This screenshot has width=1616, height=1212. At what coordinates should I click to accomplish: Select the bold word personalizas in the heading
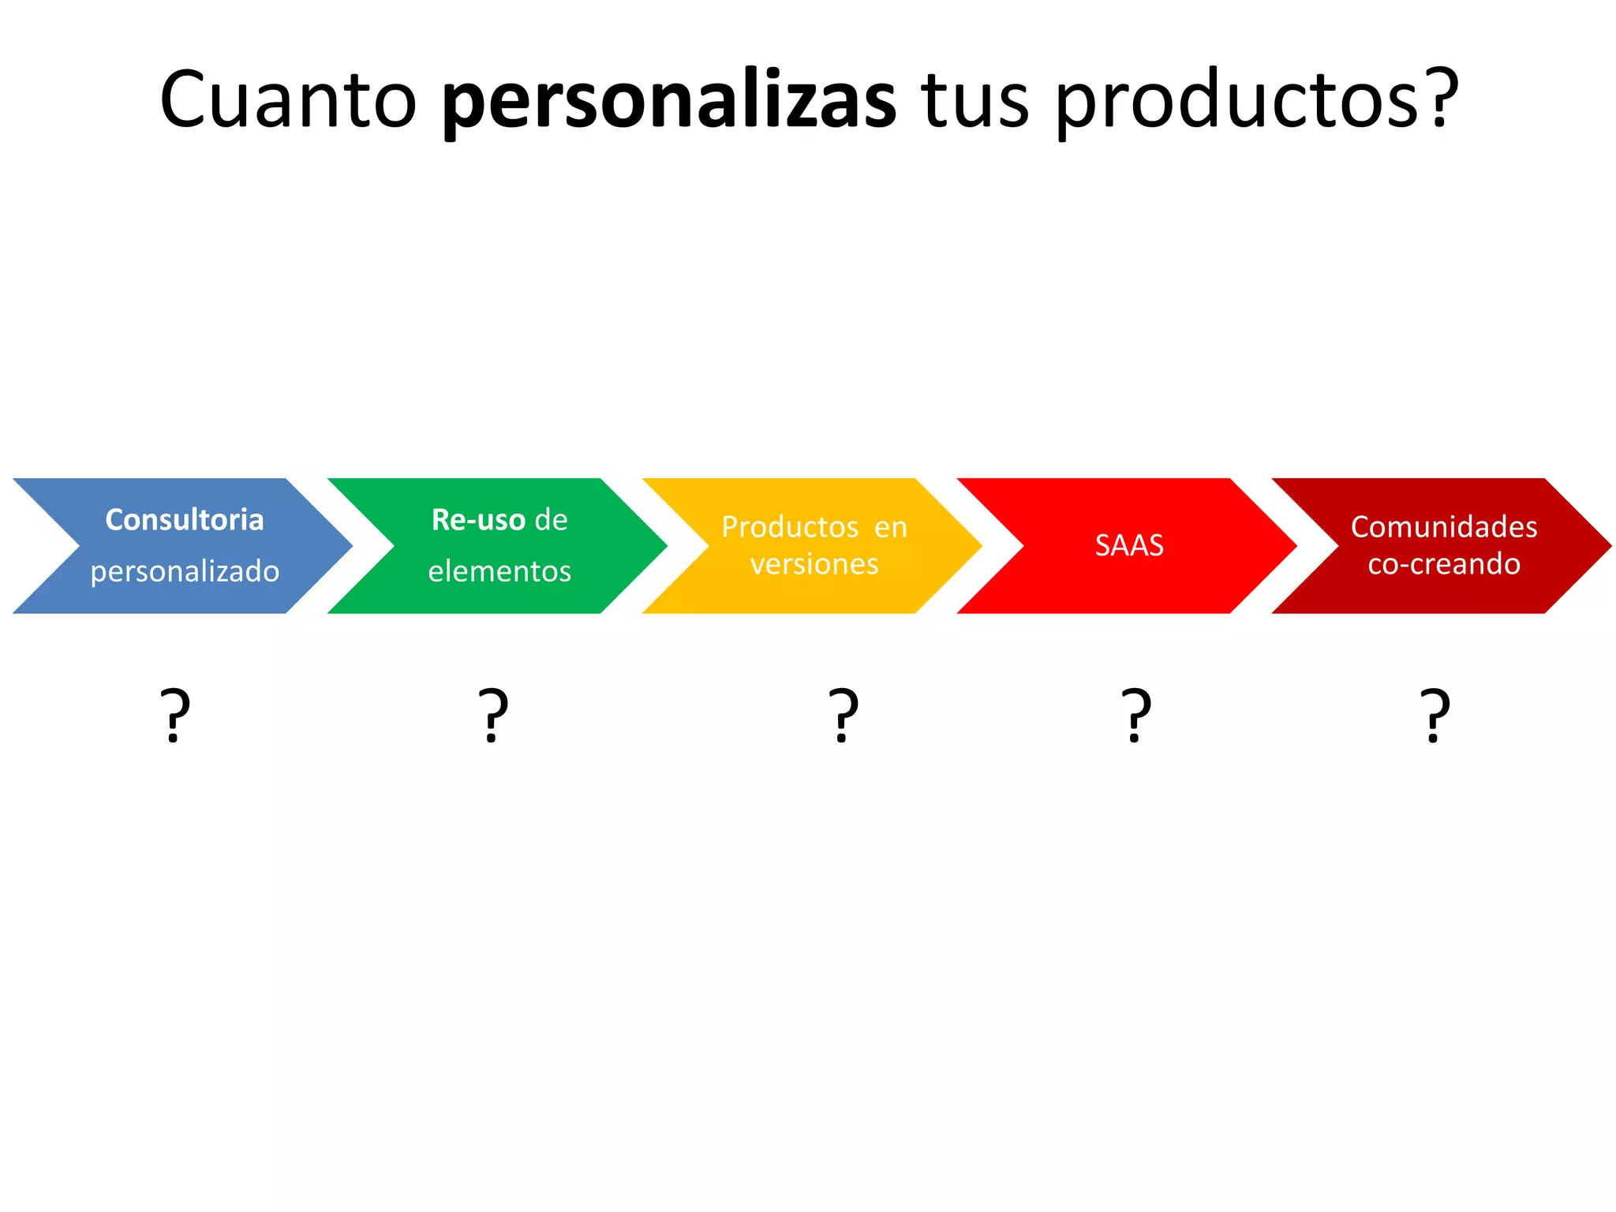(669, 101)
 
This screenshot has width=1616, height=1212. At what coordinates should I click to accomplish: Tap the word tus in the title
(975, 101)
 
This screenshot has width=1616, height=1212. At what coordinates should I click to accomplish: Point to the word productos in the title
(1236, 101)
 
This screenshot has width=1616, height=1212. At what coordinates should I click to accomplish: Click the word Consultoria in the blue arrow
(185, 520)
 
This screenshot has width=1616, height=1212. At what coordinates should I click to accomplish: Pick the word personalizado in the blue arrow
(185, 571)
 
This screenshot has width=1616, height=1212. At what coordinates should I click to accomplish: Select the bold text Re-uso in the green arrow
(478, 520)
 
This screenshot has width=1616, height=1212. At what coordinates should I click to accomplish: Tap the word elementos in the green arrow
(499, 571)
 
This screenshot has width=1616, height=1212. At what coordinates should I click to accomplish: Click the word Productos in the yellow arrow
(790, 527)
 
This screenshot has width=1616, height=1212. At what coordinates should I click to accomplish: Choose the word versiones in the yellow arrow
(814, 564)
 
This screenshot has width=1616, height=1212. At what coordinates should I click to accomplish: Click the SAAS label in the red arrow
(1129, 545)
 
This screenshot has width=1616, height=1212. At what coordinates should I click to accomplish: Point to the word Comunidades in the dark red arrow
(1444, 527)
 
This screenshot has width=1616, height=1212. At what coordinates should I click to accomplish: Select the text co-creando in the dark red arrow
(1444, 564)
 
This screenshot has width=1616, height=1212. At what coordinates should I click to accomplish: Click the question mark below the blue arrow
(175, 715)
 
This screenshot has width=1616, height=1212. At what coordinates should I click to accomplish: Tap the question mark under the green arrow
(494, 715)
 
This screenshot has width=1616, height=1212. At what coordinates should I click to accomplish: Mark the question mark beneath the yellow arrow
(844, 715)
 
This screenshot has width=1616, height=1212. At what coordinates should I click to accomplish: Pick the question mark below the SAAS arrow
(1136, 715)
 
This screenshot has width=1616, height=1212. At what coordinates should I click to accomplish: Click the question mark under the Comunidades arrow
(1435, 715)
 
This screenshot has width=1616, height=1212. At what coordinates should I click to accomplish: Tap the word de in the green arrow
(551, 520)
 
